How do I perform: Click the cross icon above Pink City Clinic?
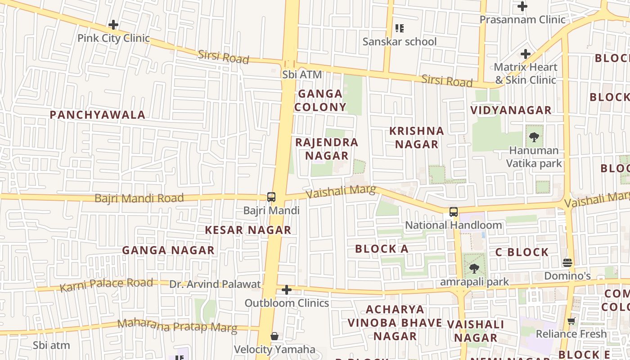click(113, 25)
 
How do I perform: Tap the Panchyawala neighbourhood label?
click(97, 115)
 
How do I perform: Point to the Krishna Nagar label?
click(416, 137)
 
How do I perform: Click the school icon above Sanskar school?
click(399, 29)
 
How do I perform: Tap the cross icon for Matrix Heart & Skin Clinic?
click(525, 54)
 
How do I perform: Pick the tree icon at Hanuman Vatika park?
click(534, 137)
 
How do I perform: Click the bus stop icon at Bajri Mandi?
click(271, 197)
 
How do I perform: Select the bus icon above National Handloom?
click(454, 212)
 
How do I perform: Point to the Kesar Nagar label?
click(248, 230)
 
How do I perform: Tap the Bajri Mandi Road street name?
click(139, 198)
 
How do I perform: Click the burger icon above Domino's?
click(567, 262)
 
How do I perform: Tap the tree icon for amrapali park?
click(473, 269)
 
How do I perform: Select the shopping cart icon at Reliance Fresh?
click(571, 321)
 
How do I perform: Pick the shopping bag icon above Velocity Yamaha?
click(274, 336)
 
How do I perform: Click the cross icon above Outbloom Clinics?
click(287, 290)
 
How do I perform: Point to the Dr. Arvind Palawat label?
click(215, 284)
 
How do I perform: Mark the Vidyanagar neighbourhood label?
click(510, 110)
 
